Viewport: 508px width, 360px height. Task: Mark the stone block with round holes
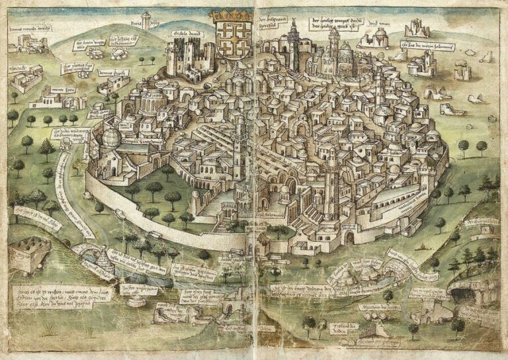coord(28,254)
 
